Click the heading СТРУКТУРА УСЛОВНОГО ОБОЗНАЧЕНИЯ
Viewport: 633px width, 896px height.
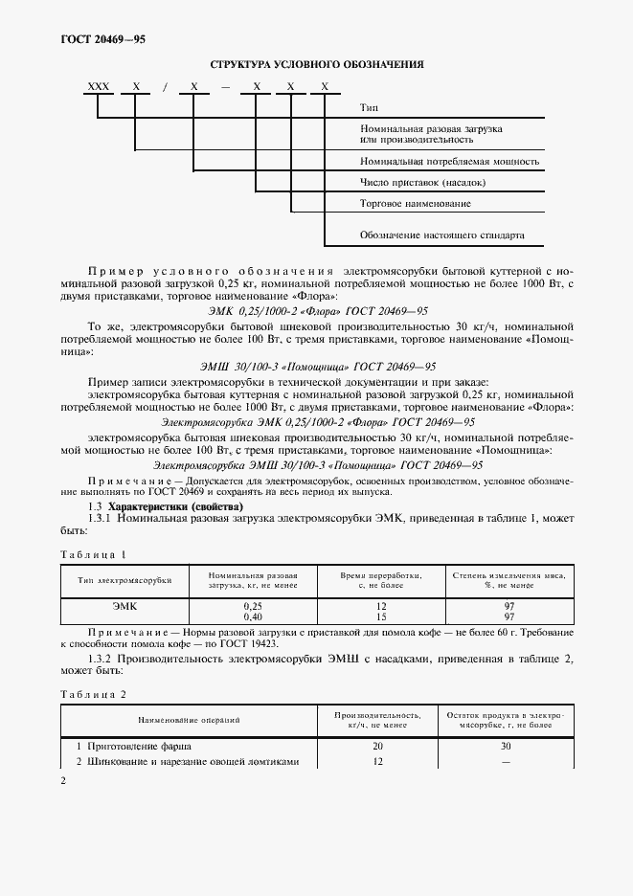[x=316, y=65]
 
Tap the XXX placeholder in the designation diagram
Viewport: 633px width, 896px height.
[x=99, y=87]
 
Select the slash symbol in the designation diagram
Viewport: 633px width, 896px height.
[x=165, y=87]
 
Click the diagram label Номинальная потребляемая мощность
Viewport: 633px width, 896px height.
[x=449, y=161]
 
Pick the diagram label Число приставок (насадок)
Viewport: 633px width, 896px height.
[x=422, y=182]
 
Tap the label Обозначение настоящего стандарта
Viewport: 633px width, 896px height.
[x=441, y=235]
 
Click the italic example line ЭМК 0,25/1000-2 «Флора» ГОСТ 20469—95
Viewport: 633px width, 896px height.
[x=316, y=311]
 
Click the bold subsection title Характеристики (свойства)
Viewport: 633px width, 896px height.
[x=163, y=505]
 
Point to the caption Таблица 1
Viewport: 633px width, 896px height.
[x=93, y=554]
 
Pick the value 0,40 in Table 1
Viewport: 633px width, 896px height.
[x=253, y=617]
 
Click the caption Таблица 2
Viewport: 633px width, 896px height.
[x=93, y=693]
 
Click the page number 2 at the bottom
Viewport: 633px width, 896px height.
[x=63, y=781]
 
